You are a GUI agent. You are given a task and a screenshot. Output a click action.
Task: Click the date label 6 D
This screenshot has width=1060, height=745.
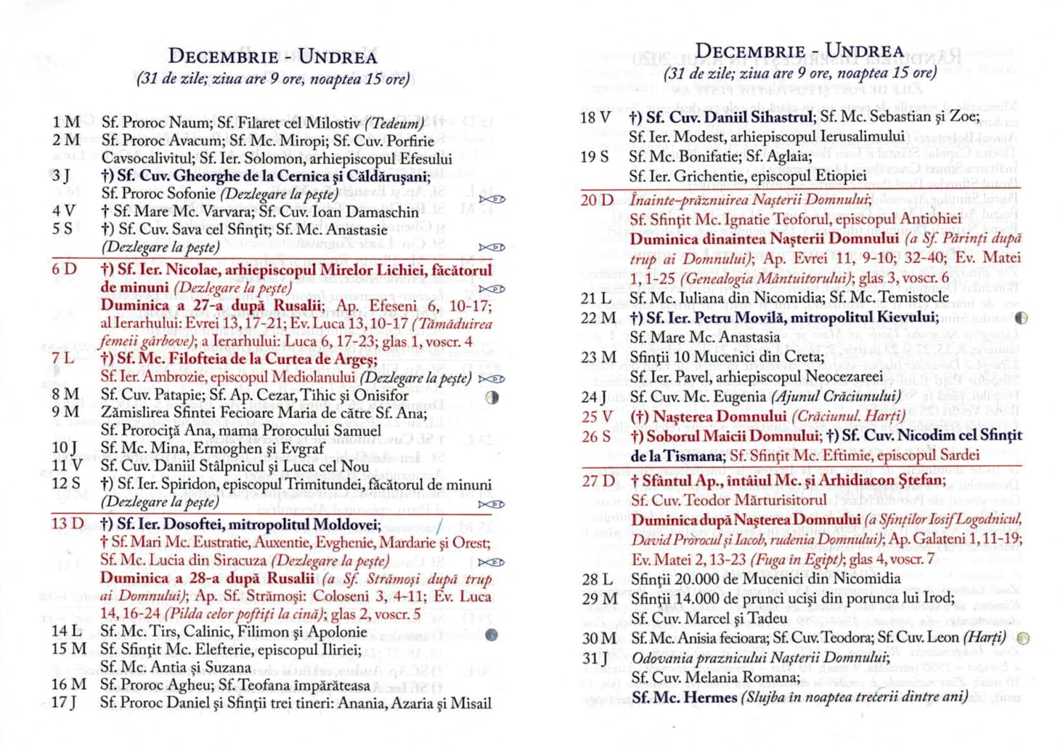click(x=64, y=269)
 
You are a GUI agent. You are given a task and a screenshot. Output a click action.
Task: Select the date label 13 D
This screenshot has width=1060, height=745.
click(x=67, y=524)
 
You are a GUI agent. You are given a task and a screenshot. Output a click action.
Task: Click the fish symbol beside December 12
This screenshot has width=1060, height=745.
click(x=492, y=504)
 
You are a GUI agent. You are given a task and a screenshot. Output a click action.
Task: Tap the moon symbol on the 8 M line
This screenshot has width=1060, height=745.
click(x=493, y=397)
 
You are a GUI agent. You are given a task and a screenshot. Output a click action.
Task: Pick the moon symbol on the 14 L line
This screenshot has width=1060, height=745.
click(x=492, y=635)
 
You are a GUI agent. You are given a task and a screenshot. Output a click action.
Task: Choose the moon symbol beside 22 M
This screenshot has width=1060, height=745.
click(x=1021, y=318)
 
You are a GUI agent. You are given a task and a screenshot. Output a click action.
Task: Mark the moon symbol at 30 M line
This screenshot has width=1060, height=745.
click(x=1023, y=638)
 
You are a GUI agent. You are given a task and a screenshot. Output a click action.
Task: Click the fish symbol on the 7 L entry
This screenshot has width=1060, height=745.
click(x=492, y=379)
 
